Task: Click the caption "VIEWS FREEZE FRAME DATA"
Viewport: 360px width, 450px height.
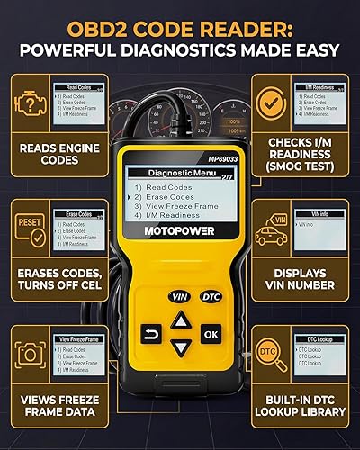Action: pyautogui.click(x=56, y=404)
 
